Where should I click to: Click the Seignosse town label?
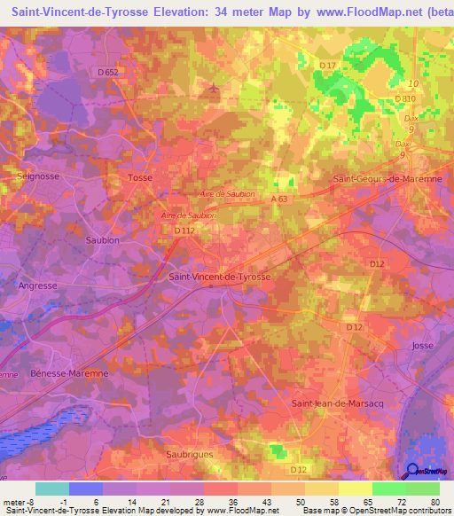37,176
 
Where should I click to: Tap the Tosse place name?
140,177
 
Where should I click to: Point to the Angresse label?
37,285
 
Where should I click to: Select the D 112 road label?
184,231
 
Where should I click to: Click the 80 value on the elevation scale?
434,503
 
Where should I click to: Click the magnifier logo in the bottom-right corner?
413,472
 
